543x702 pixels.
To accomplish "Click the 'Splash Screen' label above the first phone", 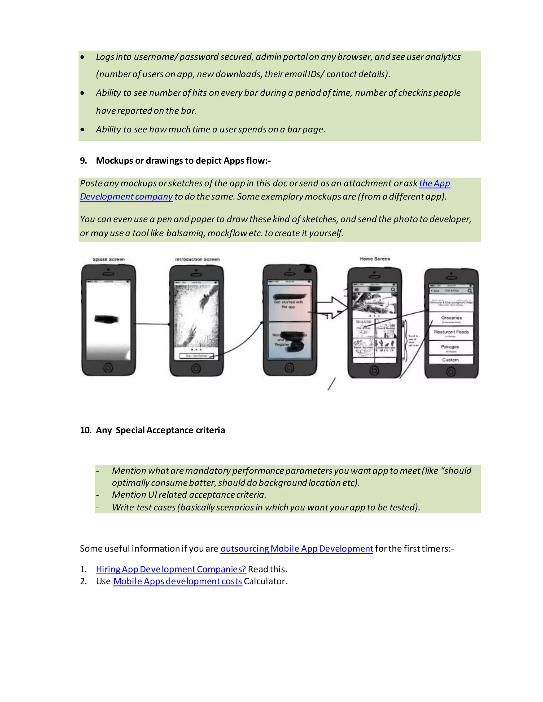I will point(108,259).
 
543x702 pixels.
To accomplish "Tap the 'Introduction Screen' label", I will point(197,259).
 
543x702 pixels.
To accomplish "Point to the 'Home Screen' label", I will point(375,259).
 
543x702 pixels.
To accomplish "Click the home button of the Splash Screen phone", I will point(108,367).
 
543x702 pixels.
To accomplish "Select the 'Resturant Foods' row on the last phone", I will point(451,333).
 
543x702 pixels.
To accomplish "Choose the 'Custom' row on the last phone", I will point(450,360).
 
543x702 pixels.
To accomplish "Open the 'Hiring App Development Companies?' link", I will point(171,569).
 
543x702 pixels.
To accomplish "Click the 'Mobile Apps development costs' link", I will point(178,581).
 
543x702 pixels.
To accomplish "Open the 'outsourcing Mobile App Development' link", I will point(297,549).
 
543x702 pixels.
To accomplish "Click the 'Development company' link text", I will point(126,197).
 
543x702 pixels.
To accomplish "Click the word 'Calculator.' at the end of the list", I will point(265,581).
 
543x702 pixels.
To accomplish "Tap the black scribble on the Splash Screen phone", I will point(107,319).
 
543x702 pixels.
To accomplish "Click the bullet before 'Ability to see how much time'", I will point(83,130).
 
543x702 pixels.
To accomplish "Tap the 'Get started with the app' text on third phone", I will point(288,304).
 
